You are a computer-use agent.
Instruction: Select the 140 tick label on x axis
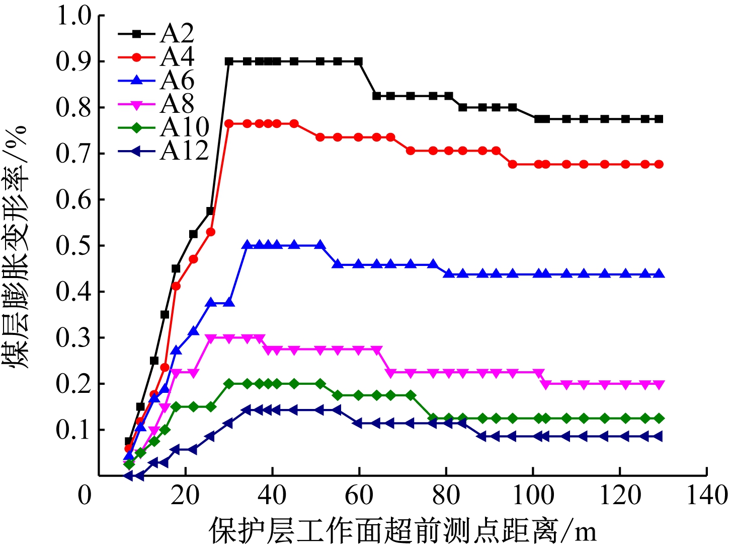pyautogui.click(x=707, y=496)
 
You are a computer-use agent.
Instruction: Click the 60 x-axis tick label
pyautogui.click(x=359, y=496)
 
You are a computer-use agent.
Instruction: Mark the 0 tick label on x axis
pyautogui.click(x=85, y=496)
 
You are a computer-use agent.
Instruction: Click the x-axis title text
pyautogui.click(x=402, y=530)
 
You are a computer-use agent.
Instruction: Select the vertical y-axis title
pyautogui.click(x=17, y=247)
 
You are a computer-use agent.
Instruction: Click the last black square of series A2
pyautogui.click(x=659, y=119)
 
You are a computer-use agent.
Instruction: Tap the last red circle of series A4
pyautogui.click(x=659, y=164)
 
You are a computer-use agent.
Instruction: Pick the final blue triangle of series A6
pyautogui.click(x=659, y=274)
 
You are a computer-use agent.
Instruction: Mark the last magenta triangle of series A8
pyautogui.click(x=659, y=384)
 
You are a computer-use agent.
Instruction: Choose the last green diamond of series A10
pyautogui.click(x=659, y=419)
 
